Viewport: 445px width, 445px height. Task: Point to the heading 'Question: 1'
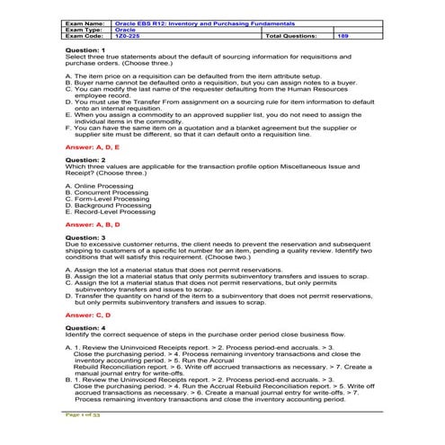85,49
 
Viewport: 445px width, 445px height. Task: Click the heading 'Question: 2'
85,159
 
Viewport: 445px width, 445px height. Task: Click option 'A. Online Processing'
100,185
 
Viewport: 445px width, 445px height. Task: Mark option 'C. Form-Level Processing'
108,198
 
